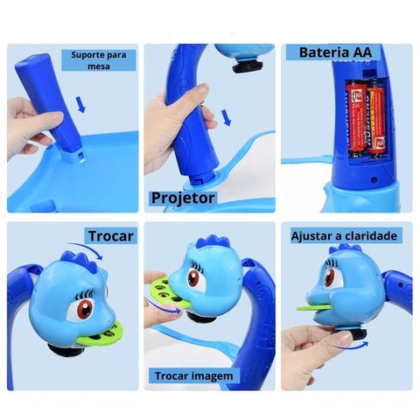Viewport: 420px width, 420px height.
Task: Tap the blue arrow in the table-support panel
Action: pyautogui.click(x=80, y=106)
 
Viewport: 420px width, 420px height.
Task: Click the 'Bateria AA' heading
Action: pyautogui.click(x=335, y=52)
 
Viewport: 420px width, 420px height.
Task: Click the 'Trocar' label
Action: pyautogui.click(x=110, y=236)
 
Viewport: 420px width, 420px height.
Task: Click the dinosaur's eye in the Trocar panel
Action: pyautogui.click(x=83, y=308)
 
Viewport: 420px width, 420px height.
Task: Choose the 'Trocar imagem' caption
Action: pyautogui.click(x=193, y=375)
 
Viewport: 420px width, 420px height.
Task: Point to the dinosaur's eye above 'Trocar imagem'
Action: pyautogui.click(x=198, y=280)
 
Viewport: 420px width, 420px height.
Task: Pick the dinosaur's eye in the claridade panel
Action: pyautogui.click(x=330, y=276)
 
